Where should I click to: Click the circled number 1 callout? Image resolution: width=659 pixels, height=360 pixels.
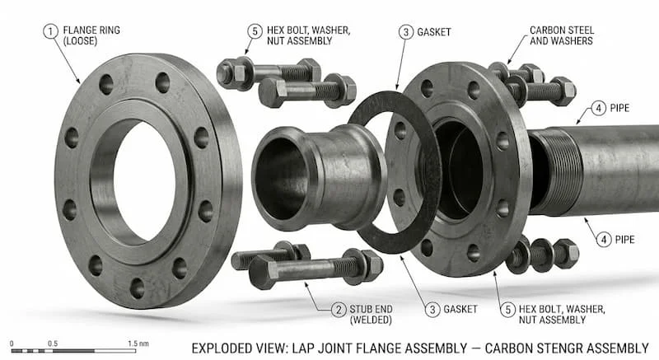50,31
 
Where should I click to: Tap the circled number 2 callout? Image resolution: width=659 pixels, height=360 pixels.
338,310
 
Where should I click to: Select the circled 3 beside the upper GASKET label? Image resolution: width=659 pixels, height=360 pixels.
406,32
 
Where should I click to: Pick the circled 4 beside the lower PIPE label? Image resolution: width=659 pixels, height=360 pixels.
605,240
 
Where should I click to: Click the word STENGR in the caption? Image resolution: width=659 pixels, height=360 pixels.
548,347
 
